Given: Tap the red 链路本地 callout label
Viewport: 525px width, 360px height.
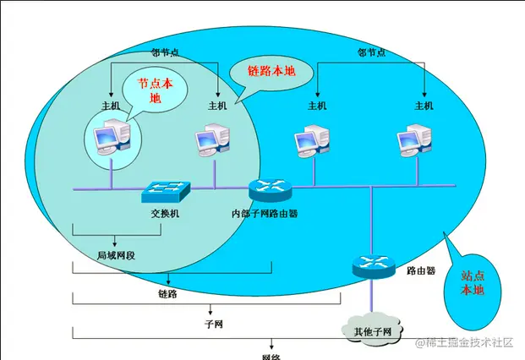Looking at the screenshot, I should coord(271,71).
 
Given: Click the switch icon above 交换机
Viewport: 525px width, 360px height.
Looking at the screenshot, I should coord(167,191).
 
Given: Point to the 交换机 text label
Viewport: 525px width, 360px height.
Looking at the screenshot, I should coord(166,213).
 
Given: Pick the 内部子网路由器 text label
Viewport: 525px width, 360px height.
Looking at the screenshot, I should coord(265,214).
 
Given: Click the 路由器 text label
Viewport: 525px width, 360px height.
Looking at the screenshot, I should coord(420,271).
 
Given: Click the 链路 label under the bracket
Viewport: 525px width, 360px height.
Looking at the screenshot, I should coord(167,293).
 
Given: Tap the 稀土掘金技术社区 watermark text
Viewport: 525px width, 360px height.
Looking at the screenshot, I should coord(462,342).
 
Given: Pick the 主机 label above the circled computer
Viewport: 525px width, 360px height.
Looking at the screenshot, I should coord(112,106).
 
